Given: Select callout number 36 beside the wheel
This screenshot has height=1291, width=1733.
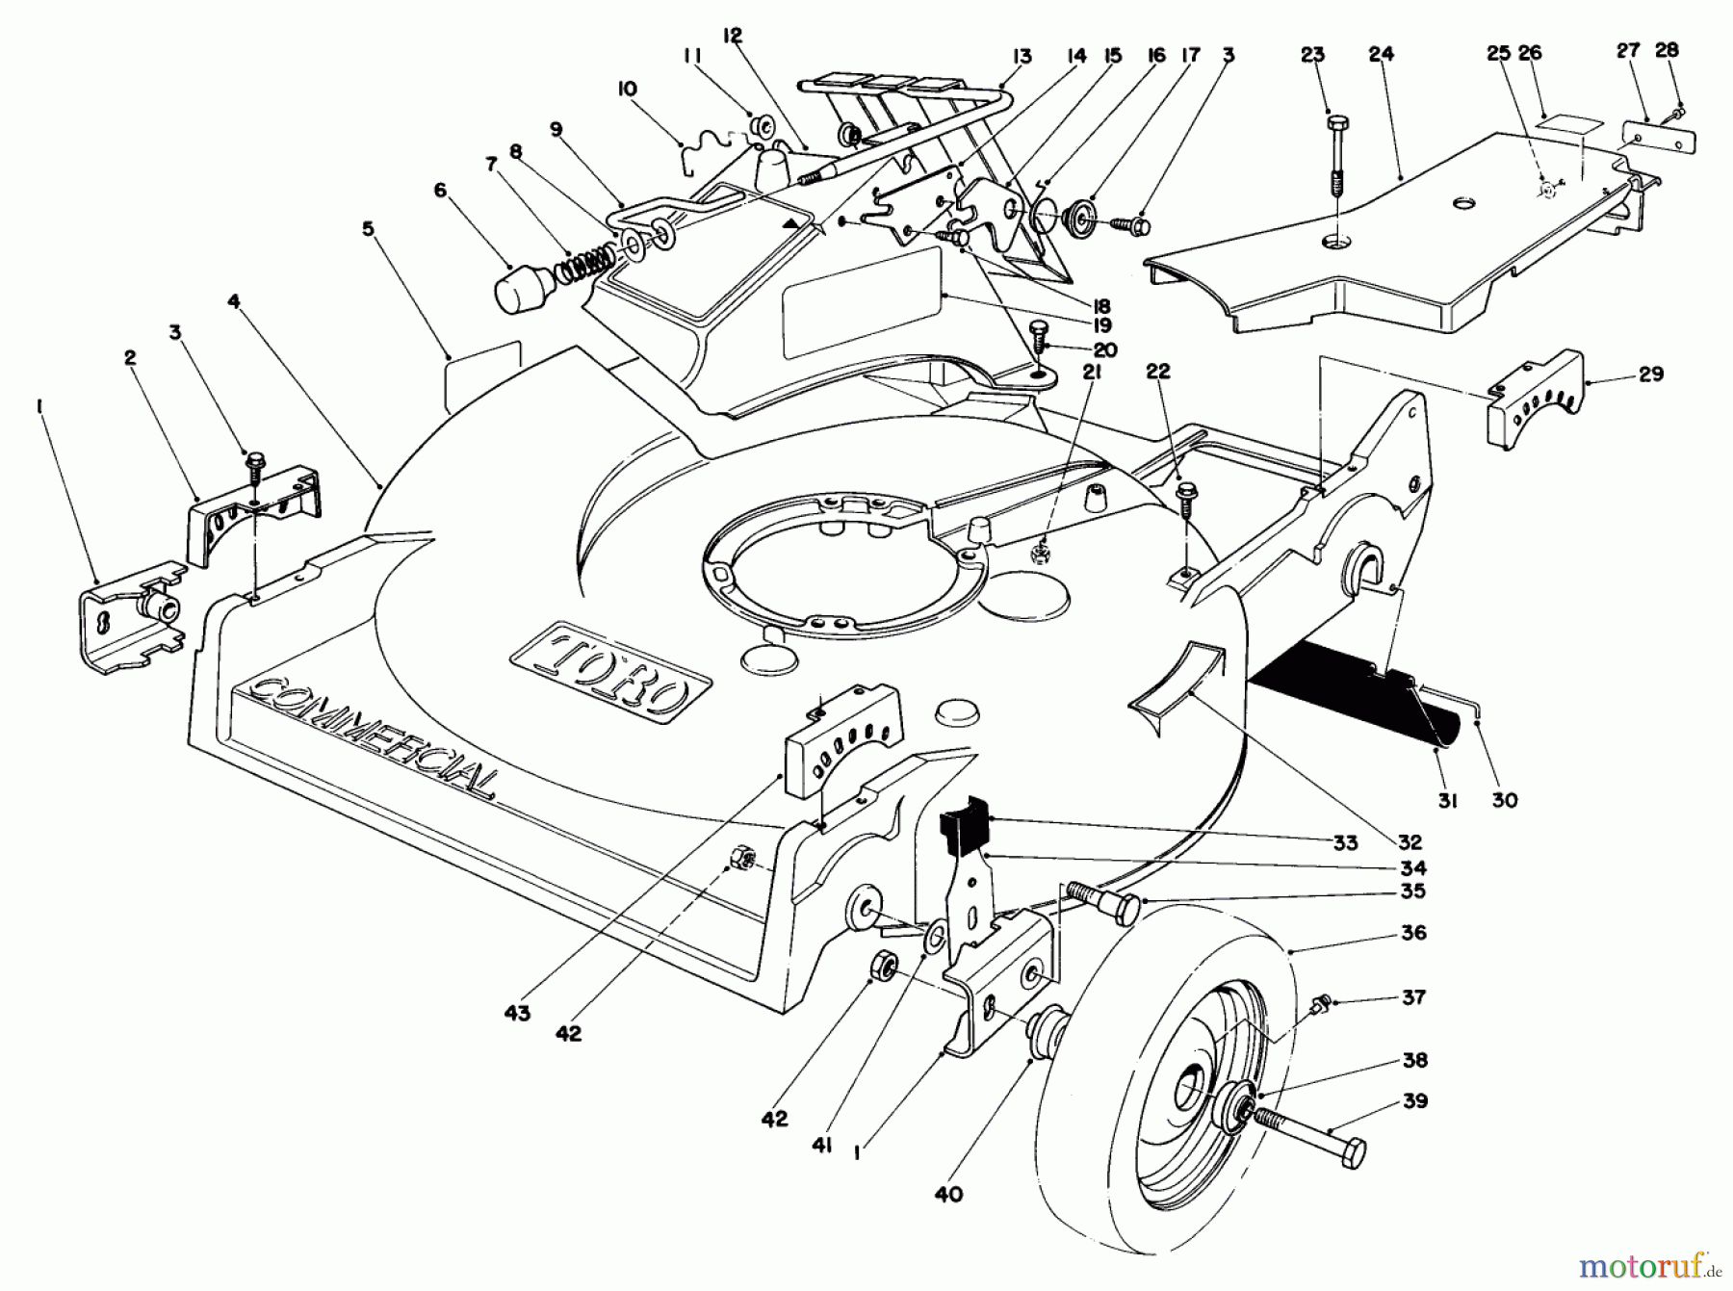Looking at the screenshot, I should (1413, 933).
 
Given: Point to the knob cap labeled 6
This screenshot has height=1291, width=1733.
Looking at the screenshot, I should (525, 286).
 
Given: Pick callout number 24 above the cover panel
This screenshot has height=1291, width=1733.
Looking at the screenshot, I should (1381, 55).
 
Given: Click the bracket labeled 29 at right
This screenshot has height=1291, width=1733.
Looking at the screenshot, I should (1535, 401).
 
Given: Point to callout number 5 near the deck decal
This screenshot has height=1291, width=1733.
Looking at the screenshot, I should (367, 229).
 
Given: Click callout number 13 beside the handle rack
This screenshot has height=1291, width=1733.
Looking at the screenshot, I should (1022, 57).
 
